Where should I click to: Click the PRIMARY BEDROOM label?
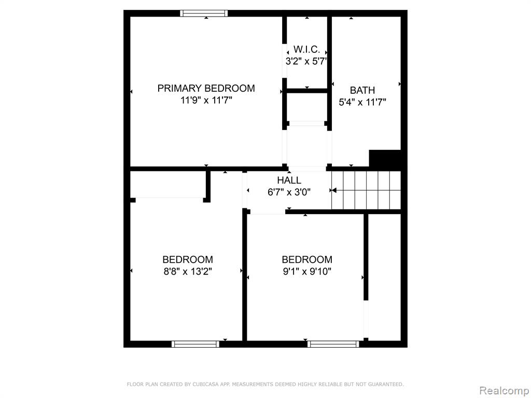point(206,88)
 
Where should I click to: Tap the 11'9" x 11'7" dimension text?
point(206,101)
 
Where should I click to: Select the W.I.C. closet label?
point(306,49)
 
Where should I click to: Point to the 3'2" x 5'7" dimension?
point(306,62)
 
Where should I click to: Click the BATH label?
point(362,90)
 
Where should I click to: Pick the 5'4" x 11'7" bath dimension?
point(362,102)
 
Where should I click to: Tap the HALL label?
point(289,180)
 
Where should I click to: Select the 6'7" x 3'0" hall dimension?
point(289,192)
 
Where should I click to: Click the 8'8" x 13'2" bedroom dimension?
point(188,272)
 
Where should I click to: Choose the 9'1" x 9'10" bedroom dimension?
point(307,272)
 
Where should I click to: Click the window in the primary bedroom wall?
point(203,13)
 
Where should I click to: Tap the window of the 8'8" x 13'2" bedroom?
point(195,344)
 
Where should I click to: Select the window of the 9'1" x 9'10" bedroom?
point(333,344)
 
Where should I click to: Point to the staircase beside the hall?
point(366,190)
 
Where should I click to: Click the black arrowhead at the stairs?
point(333,190)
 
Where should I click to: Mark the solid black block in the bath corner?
point(385,159)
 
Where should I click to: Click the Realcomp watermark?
point(504,390)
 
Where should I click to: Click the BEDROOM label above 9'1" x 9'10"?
point(307,260)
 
